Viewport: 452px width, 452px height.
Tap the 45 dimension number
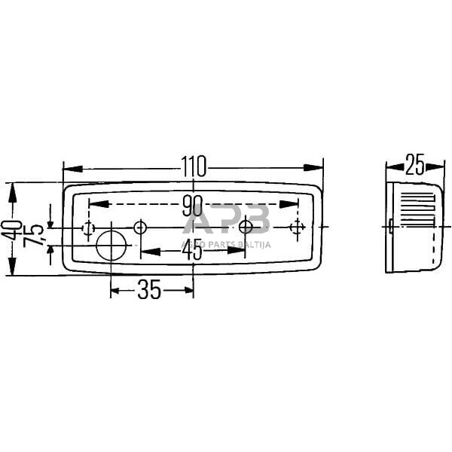(x=193, y=250)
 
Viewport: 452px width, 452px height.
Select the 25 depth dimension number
(x=414, y=163)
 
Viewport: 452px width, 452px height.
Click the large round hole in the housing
(x=111, y=245)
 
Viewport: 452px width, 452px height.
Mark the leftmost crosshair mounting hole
(x=88, y=227)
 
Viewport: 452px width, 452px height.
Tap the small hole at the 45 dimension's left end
(x=139, y=227)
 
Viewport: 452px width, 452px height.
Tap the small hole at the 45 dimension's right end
(x=246, y=227)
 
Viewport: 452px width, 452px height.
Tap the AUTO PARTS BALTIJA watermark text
(x=225, y=243)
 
